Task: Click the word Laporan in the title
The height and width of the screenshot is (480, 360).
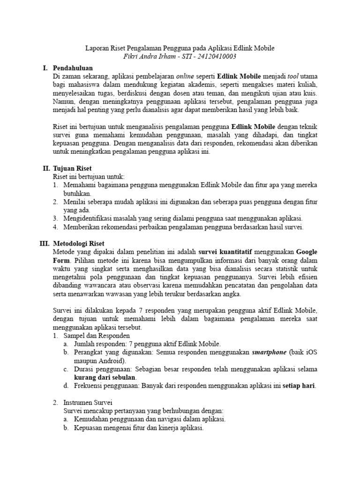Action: (x=96, y=48)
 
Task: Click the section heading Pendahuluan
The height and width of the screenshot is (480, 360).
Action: (x=73, y=68)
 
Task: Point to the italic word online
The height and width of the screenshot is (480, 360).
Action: (x=186, y=76)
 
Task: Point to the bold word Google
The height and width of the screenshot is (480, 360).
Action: (x=307, y=252)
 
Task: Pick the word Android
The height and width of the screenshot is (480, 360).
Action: (x=111, y=361)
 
